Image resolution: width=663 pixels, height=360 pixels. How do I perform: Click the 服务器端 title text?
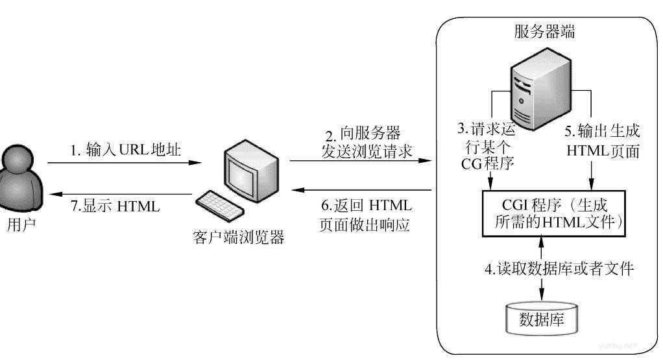point(543,30)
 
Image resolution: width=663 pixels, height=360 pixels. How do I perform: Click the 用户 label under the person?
point(22,226)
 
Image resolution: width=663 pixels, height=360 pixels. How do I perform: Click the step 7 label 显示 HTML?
point(115,207)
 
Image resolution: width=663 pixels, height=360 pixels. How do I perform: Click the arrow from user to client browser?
point(123,163)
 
